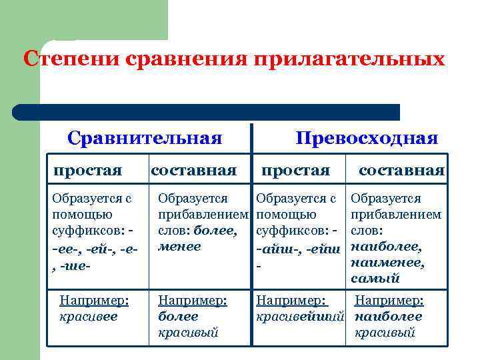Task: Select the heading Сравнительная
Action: [145, 138]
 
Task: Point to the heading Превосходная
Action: [367, 138]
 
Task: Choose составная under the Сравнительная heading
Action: [194, 170]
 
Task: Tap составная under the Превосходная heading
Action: [401, 170]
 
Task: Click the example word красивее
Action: [88, 316]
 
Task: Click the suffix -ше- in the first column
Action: [75, 263]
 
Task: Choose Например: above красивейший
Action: [293, 301]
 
